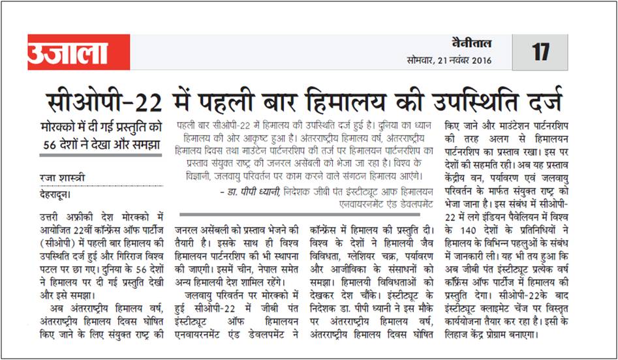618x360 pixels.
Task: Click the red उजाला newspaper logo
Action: pos(68,52)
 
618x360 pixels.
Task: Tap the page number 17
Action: pos(540,52)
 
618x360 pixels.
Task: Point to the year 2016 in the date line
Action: pos(479,61)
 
